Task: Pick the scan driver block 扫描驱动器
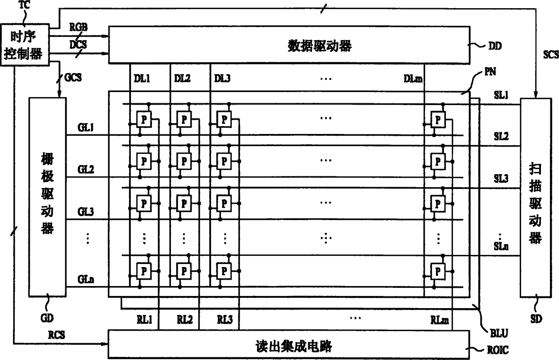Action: pos(535,197)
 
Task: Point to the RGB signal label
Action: pos(78,28)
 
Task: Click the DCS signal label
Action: pos(78,45)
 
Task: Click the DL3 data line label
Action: pos(222,78)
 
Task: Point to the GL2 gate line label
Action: pos(85,170)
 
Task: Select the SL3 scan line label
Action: pos(500,179)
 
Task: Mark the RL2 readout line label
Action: pos(185,320)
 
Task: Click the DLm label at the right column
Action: pos(413,79)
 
